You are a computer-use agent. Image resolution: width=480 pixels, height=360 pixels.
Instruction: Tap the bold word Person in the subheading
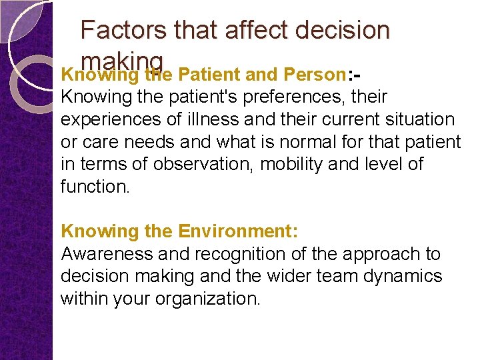pyautogui.click(x=312, y=75)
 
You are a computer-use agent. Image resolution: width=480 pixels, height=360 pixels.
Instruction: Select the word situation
pyautogui.click(x=414, y=119)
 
